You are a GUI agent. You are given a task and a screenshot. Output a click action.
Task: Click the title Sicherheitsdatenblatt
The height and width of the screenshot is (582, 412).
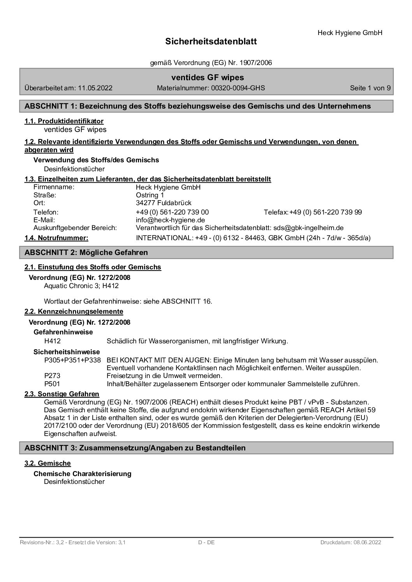[211, 42]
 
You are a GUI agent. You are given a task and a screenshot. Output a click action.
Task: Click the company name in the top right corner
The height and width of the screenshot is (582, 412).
[350, 33]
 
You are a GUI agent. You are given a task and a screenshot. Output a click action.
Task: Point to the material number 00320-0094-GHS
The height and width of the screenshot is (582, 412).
[238, 88]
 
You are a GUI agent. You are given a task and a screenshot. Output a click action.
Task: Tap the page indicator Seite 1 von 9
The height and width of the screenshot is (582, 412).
[370, 88]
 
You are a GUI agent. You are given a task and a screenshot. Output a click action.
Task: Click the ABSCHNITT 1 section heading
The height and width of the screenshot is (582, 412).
[197, 106]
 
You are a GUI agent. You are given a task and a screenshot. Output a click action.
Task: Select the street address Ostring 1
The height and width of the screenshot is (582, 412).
[150, 195]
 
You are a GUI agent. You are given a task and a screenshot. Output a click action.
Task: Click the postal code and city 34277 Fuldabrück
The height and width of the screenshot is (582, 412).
[164, 203]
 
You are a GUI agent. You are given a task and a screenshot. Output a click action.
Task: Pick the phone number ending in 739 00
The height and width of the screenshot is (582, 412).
[172, 212]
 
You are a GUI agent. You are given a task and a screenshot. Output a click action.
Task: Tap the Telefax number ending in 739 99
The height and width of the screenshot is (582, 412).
[326, 212]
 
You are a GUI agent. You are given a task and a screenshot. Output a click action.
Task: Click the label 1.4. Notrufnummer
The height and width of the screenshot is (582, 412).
[56, 237]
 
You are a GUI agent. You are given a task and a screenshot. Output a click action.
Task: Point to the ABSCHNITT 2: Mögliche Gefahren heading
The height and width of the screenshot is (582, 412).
[86, 253]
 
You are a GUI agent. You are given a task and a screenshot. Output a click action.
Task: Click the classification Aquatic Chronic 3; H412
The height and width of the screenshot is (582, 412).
[81, 286]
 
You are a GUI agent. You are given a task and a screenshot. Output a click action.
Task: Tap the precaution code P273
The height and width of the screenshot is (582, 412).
[52, 376]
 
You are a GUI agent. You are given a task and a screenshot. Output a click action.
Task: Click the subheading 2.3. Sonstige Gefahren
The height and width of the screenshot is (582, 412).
[62, 394]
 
